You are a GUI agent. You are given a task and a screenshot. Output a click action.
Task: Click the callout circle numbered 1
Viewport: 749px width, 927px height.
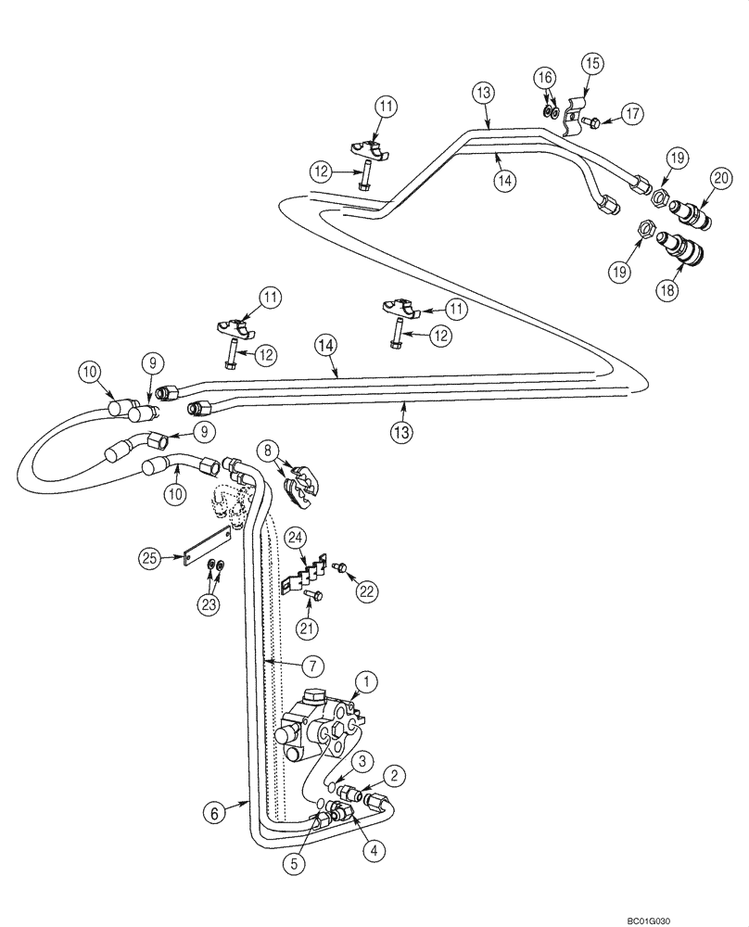tap(367, 683)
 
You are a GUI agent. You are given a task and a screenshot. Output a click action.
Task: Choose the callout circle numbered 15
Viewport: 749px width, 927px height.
tap(592, 63)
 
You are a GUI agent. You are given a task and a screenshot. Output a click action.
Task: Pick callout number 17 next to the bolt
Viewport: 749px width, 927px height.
tap(631, 115)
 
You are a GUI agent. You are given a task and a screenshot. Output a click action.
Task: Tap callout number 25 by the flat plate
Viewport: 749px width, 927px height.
tap(150, 557)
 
